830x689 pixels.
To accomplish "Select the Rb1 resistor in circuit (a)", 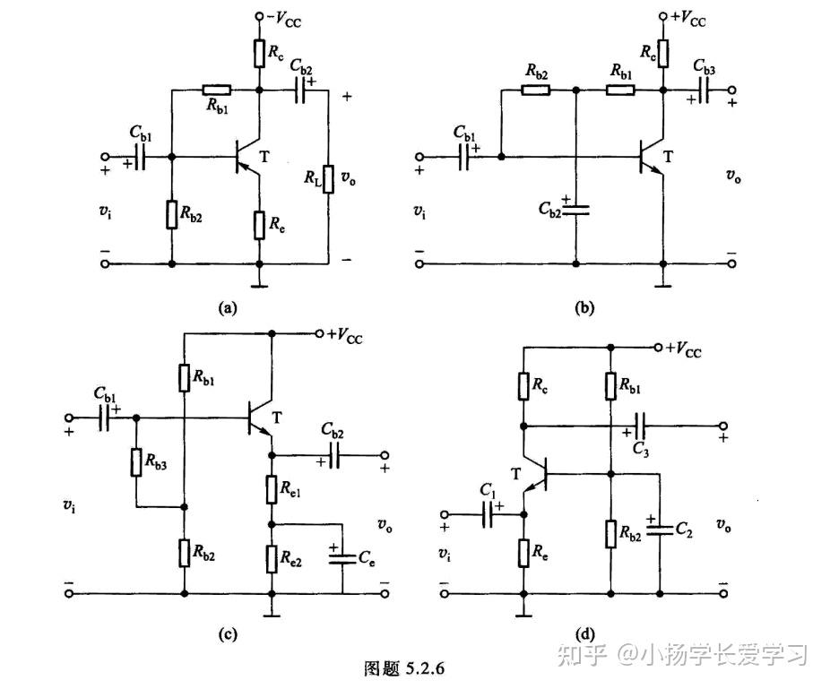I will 216,90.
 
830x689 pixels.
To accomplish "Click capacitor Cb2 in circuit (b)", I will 575,209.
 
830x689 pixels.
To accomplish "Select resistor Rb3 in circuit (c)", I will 136,462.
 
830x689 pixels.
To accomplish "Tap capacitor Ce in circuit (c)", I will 342,557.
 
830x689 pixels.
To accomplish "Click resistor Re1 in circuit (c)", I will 271,490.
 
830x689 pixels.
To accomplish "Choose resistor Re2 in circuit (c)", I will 271,557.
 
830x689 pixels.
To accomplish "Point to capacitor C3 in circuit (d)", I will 640,425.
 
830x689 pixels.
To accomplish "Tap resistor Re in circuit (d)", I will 523,553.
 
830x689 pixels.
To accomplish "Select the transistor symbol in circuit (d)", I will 534,475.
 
